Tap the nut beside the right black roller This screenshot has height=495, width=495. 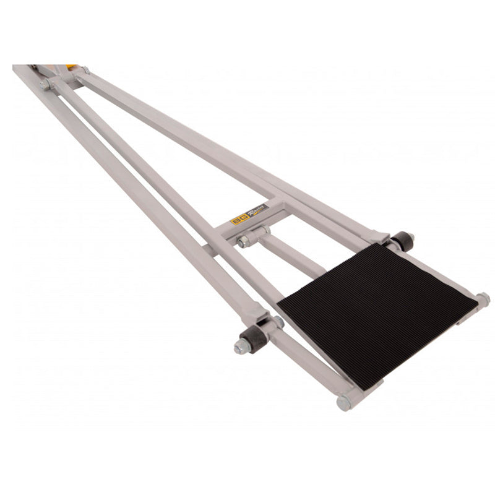click(x=411, y=237)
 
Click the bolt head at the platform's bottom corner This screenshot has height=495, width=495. click(x=344, y=403)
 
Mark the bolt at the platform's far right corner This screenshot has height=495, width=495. click(x=483, y=299)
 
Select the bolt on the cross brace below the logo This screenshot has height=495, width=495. click(x=244, y=241)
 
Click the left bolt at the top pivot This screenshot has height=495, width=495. click(x=45, y=84)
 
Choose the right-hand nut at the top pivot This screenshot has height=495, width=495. click(x=85, y=70)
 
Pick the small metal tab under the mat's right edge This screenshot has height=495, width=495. click(x=463, y=319)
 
